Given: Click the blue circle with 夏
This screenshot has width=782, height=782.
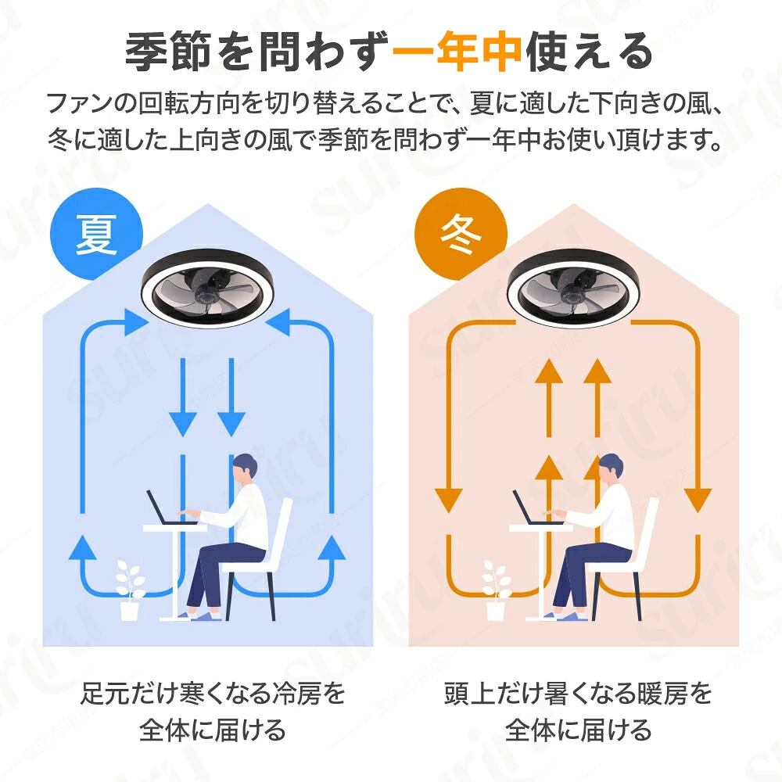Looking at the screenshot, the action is point(97,234).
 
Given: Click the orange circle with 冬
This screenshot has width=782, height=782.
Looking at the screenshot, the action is point(461,234).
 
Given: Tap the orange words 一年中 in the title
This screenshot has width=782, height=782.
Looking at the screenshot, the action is point(457,52).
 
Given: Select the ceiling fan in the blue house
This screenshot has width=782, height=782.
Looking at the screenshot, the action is point(207,289).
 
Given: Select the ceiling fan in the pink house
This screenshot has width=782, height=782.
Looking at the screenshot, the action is point(573,289).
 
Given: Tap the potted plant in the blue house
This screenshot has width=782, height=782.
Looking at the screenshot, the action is point(130,590).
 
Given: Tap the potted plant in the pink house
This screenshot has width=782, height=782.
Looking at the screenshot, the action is point(497,590).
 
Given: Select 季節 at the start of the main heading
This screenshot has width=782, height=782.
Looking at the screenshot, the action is point(168,52).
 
